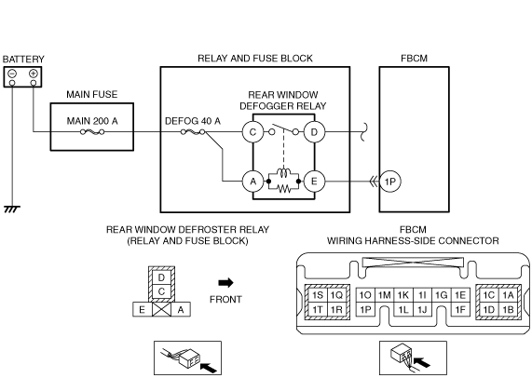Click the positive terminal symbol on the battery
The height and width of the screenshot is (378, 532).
[34, 74]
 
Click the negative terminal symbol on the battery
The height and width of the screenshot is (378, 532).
[12, 74]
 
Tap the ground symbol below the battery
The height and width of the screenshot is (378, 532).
[12, 209]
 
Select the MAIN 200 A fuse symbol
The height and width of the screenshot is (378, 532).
[92, 132]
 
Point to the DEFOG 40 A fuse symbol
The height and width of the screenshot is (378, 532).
[193, 132]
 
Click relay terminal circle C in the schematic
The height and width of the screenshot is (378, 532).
[253, 132]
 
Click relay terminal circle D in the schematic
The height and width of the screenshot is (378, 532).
[314, 132]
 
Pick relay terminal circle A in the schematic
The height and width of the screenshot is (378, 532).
[253, 182]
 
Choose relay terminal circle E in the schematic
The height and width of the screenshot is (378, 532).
[314, 182]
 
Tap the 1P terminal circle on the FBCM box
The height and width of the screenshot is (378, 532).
[390, 182]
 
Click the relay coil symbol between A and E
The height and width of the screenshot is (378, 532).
[283, 172]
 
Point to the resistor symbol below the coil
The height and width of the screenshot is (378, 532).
[283, 189]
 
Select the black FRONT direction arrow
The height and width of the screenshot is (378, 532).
[226, 282]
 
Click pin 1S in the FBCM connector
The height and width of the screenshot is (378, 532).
[318, 295]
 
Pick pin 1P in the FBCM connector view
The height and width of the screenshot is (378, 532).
[365, 309]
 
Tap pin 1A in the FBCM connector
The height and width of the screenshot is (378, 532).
[508, 295]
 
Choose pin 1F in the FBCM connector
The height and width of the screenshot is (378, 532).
[460, 309]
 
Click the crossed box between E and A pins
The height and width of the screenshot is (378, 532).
[161, 309]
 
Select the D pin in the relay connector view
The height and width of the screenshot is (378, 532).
[161, 277]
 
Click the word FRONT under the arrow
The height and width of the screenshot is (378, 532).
[225, 300]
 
